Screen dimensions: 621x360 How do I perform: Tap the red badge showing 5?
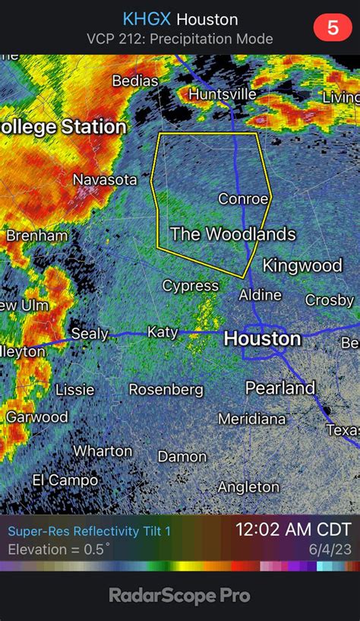point(333,29)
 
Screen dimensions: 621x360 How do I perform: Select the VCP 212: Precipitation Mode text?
point(180,39)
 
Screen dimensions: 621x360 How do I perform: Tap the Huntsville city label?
point(222,94)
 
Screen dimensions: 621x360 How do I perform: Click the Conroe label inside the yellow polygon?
point(243,199)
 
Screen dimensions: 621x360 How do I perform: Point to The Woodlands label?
point(232,234)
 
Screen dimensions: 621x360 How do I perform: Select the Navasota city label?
point(105,180)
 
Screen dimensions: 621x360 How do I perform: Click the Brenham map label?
point(37,236)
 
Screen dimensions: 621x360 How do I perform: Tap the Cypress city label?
point(190,286)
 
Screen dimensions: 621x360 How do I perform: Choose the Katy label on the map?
point(163,332)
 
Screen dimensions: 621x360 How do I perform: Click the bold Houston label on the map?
point(262,338)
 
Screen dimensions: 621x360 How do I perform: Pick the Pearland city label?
point(279,388)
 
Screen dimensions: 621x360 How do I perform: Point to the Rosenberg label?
point(166,389)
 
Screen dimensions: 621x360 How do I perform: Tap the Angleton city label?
point(248,486)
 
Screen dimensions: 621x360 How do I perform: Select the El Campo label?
point(65,480)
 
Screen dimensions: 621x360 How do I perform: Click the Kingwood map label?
point(302,265)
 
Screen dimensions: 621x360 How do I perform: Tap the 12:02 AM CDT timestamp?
point(293,529)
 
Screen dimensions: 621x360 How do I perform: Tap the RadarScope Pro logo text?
point(180,596)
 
